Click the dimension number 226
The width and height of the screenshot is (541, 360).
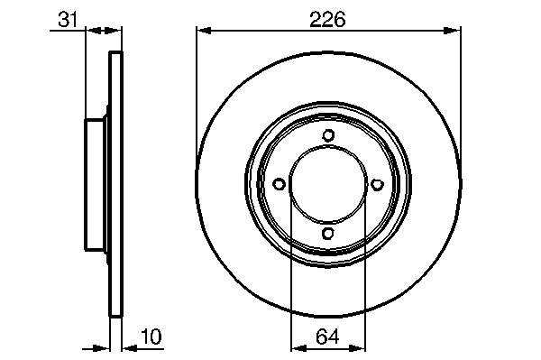(x=327, y=19)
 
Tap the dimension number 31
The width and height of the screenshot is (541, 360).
(x=68, y=19)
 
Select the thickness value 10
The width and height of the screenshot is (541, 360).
(x=151, y=337)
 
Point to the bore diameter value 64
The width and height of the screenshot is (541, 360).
(x=327, y=337)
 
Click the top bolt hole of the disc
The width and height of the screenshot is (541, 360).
(x=328, y=135)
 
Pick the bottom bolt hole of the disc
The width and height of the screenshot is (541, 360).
(x=328, y=234)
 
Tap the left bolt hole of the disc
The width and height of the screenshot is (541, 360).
(x=279, y=184)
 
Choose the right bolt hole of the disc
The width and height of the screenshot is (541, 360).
(x=378, y=184)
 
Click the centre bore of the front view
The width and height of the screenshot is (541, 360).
(x=328, y=184)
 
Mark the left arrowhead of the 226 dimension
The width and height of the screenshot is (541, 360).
(x=204, y=31)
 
